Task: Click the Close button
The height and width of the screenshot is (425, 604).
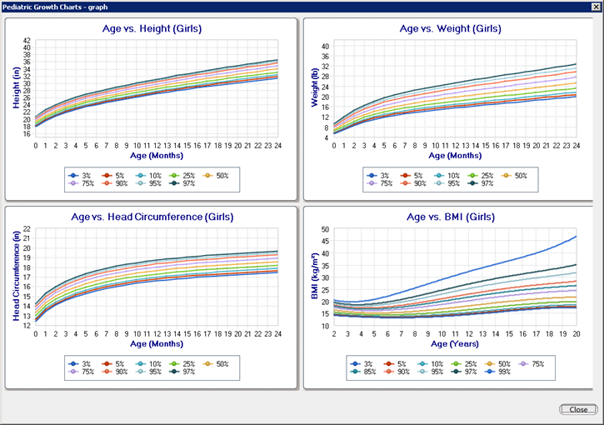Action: tap(577, 409)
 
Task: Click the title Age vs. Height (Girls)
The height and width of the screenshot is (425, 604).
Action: tap(151, 28)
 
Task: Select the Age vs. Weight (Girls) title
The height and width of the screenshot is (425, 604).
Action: tap(450, 28)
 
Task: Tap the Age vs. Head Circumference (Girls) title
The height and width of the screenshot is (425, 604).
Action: tap(151, 217)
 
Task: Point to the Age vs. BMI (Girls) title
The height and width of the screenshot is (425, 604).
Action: tap(450, 217)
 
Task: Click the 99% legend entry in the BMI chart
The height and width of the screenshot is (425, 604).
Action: tap(501, 372)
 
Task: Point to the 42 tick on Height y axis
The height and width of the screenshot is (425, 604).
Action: tap(27, 41)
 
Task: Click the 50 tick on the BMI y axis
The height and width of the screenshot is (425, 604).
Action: tap(326, 228)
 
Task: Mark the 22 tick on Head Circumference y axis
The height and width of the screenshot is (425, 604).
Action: tap(27, 228)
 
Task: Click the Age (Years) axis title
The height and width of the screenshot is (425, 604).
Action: tap(450, 342)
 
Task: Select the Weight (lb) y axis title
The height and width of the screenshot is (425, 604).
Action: tap(315, 89)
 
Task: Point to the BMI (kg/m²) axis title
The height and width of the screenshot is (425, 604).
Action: tap(315, 277)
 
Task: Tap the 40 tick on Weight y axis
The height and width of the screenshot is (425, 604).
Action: tap(326, 47)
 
